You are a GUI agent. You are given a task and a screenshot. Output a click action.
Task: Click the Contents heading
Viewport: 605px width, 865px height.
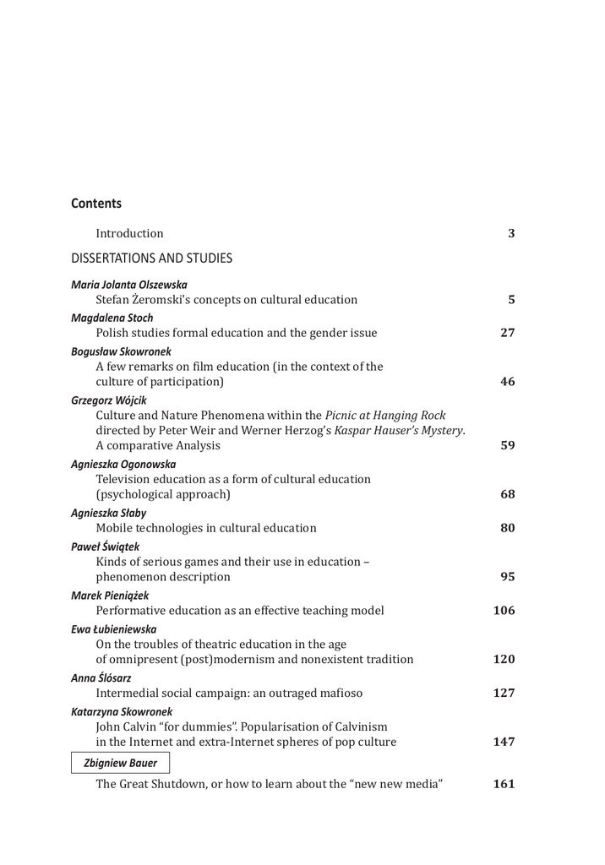96,204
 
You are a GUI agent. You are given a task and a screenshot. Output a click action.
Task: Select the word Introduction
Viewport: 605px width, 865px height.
129,233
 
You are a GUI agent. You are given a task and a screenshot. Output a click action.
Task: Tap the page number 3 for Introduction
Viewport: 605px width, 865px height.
511,233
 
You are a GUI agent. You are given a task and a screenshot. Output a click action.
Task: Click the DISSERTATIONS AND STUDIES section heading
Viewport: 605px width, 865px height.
151,258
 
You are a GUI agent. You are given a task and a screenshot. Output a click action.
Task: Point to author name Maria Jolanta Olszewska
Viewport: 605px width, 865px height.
129,285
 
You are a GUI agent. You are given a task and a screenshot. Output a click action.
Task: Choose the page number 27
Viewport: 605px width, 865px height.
508,333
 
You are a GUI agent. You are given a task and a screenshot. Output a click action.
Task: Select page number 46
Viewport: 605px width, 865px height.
508,382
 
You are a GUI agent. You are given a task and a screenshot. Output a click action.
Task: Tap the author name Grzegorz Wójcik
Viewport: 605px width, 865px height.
110,400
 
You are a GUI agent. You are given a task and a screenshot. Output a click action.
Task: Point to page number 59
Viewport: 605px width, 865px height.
508,446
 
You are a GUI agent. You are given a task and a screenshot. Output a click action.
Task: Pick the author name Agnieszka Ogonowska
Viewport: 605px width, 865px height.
123,464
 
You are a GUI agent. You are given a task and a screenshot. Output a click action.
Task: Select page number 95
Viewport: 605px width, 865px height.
508,577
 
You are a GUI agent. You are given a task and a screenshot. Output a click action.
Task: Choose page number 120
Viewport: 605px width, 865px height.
504,660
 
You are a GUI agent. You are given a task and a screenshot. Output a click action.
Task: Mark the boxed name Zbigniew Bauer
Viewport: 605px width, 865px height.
120,764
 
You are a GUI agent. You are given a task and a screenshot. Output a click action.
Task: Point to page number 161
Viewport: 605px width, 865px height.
504,784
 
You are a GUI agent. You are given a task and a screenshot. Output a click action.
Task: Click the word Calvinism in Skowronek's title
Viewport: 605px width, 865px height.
357,726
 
